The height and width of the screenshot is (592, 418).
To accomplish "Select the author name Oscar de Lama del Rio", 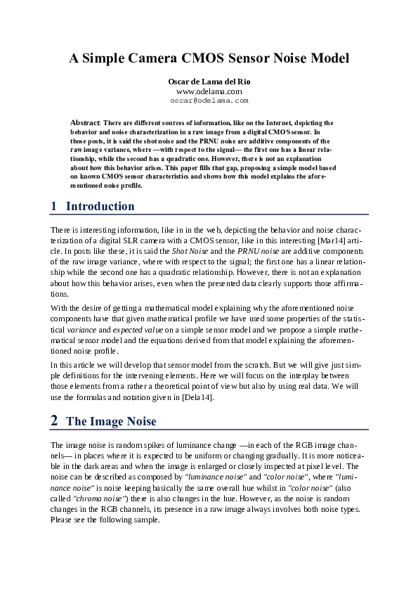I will [209, 82].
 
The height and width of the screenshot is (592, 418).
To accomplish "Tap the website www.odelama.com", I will [209, 91].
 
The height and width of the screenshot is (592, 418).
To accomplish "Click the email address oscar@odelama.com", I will [209, 101].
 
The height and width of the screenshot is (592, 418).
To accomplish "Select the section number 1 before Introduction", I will [54, 206].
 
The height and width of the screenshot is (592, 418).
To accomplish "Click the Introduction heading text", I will [100, 206].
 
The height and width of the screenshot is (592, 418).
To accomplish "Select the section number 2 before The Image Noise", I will [54, 422].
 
